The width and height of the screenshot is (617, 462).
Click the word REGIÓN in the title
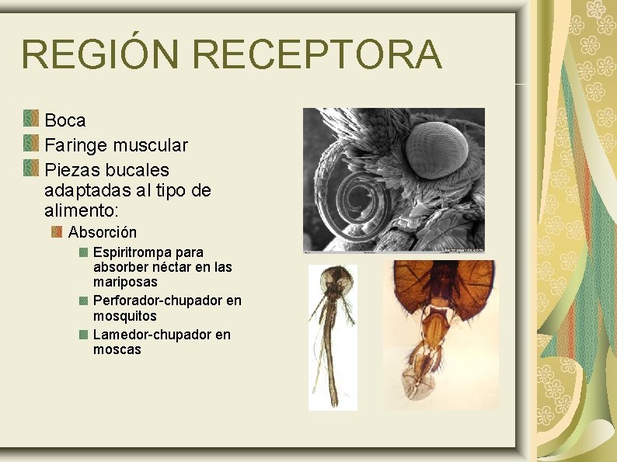(x=101, y=54)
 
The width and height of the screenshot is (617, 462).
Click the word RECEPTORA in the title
(x=317, y=54)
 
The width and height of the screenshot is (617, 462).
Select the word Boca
(x=65, y=120)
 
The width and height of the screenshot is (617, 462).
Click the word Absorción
(x=103, y=232)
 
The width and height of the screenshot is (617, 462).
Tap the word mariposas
(x=125, y=282)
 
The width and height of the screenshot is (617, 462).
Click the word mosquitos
(x=125, y=316)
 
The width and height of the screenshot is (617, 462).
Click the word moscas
(x=117, y=349)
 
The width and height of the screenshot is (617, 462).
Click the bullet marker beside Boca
(x=31, y=119)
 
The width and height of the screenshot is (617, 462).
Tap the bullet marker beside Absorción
(x=57, y=231)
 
